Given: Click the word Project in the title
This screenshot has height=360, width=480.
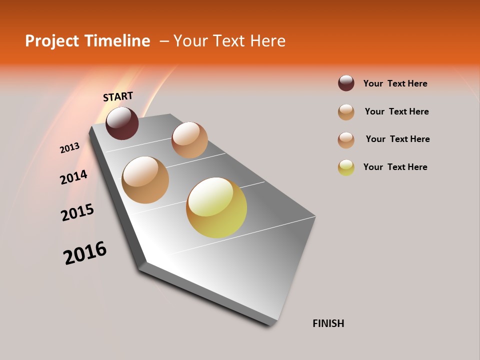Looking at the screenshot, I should click(x=52, y=41).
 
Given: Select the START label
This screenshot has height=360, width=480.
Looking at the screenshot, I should click(x=118, y=96).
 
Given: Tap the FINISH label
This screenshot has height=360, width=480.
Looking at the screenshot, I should click(x=328, y=323).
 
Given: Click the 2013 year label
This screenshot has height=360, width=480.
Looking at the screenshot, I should click(x=69, y=148).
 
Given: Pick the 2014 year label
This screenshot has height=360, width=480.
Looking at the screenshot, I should click(x=73, y=177).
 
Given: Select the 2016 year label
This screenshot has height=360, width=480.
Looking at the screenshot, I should click(x=85, y=253).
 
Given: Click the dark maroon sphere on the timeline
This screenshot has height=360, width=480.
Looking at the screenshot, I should click(x=122, y=123).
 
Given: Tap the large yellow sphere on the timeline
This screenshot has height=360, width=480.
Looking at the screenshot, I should click(x=216, y=207).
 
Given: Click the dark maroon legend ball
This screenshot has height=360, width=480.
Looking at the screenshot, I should click(x=346, y=83).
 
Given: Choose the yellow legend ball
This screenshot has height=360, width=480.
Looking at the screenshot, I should click(x=346, y=167).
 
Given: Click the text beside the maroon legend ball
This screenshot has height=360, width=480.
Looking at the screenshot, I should click(x=395, y=83).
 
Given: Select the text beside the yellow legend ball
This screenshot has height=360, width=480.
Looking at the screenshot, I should click(x=395, y=167).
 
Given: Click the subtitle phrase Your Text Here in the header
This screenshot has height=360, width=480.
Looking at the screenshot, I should click(x=229, y=41).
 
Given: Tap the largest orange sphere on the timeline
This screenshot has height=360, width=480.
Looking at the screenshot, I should click(x=145, y=180).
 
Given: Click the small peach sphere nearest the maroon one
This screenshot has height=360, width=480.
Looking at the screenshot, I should click(x=189, y=139).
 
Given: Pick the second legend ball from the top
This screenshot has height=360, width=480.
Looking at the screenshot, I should click(x=346, y=112).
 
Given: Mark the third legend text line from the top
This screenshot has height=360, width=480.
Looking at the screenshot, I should click(x=397, y=139).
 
